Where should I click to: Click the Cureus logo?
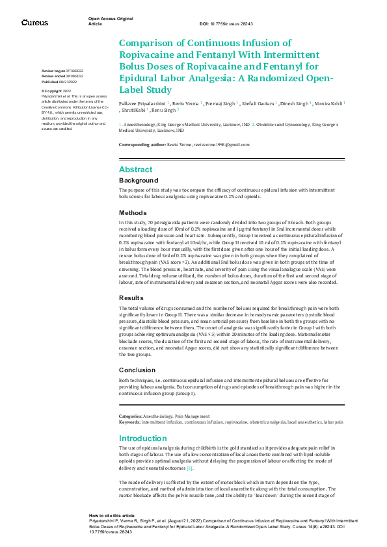tap(34, 23)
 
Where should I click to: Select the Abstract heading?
tap(136, 169)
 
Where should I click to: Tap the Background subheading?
tap(139, 180)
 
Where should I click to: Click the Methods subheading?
tap(134, 213)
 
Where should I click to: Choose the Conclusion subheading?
tap(137, 370)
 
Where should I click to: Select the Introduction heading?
tap(143, 439)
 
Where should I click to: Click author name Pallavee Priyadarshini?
tap(142, 103)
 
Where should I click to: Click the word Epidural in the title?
tap(139, 78)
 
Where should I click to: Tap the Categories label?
tap(130, 415)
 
